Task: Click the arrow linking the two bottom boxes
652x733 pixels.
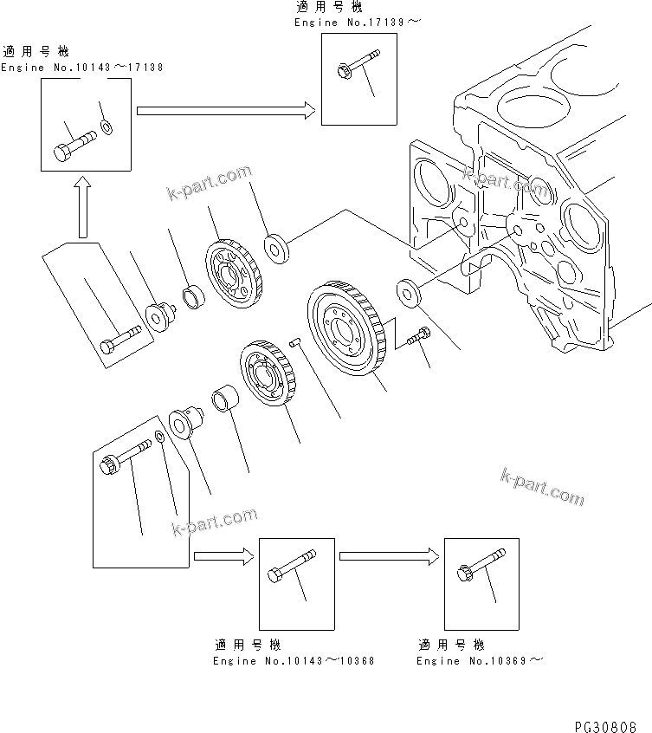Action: point(389,557)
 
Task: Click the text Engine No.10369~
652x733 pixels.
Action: point(480,660)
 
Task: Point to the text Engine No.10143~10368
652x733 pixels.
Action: point(294,660)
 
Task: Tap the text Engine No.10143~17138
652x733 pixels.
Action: point(82,67)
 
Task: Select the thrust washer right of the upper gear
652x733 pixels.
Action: point(278,247)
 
